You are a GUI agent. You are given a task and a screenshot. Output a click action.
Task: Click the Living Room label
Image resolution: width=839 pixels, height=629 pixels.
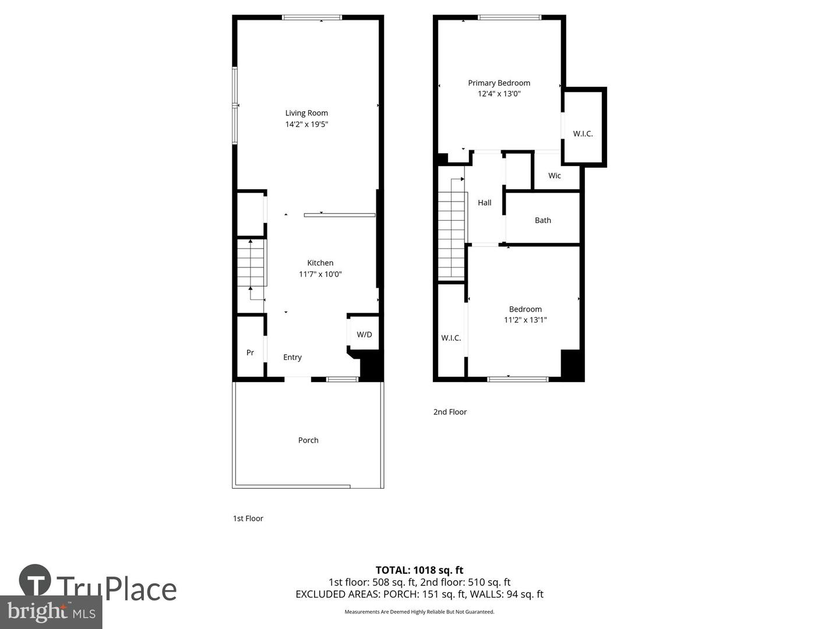[x=306, y=113]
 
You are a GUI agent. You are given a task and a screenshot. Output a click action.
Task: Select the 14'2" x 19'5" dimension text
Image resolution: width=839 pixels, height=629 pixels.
[x=306, y=124]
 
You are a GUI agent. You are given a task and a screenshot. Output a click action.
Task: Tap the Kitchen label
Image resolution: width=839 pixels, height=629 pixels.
[x=320, y=263]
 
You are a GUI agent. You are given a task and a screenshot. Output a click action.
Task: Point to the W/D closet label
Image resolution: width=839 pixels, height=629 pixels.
[x=364, y=334]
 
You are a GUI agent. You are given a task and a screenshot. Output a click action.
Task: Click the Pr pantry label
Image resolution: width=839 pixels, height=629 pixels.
[x=250, y=352]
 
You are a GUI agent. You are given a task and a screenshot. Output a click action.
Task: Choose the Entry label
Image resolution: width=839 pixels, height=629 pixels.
[x=292, y=357]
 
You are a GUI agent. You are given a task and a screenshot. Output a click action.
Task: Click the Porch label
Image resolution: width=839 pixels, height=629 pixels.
[x=308, y=440]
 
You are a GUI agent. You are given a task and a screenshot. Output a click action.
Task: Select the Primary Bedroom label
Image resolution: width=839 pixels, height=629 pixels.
[x=499, y=83]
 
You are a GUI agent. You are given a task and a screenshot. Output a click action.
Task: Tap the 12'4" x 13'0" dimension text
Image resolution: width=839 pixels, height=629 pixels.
[x=499, y=93]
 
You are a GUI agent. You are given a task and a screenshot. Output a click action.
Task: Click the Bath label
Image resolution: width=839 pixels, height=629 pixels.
[x=542, y=220]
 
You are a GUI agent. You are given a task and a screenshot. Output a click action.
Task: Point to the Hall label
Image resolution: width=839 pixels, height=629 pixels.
[x=484, y=203]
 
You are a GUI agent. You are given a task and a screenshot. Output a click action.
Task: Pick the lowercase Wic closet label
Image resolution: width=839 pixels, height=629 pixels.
[x=555, y=175]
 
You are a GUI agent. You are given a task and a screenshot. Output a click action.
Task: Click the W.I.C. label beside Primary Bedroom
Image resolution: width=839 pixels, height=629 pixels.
[x=583, y=133]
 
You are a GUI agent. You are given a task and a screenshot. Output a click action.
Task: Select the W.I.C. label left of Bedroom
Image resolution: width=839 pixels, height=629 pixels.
[x=451, y=338]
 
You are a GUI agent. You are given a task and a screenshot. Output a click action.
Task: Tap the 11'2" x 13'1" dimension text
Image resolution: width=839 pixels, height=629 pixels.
[x=526, y=320]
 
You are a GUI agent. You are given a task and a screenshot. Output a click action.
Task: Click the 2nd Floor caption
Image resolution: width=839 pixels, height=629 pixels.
[x=450, y=412]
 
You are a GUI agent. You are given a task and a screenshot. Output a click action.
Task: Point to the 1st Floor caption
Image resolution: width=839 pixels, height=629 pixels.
[x=248, y=518]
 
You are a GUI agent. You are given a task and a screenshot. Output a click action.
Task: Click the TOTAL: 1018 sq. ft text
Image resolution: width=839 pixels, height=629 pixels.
[x=419, y=570]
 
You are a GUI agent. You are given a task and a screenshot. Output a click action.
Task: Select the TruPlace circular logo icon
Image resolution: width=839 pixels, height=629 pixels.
[x=35, y=580]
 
